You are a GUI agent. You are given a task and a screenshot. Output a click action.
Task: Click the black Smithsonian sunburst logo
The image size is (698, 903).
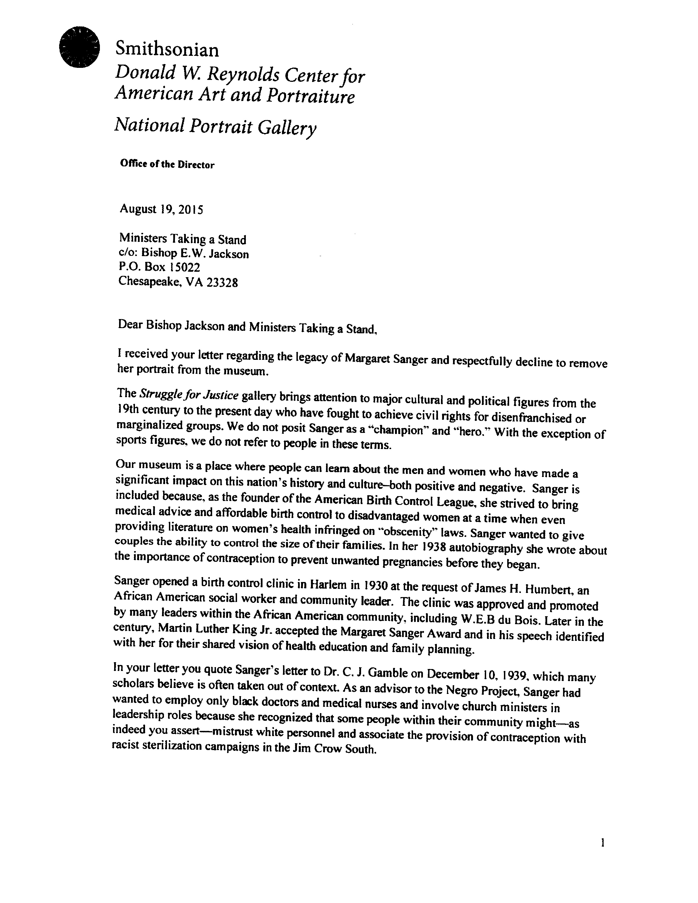79,47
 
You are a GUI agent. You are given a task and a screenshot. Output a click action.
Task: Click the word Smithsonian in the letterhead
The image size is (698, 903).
167,50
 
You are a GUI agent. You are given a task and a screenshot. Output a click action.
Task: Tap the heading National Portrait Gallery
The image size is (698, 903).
215,126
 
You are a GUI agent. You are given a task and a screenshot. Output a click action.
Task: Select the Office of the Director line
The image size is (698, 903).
167,164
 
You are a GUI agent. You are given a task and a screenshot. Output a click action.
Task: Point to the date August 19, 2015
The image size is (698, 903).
161,209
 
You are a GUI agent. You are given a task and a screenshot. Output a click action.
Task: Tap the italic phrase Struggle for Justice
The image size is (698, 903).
189,395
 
